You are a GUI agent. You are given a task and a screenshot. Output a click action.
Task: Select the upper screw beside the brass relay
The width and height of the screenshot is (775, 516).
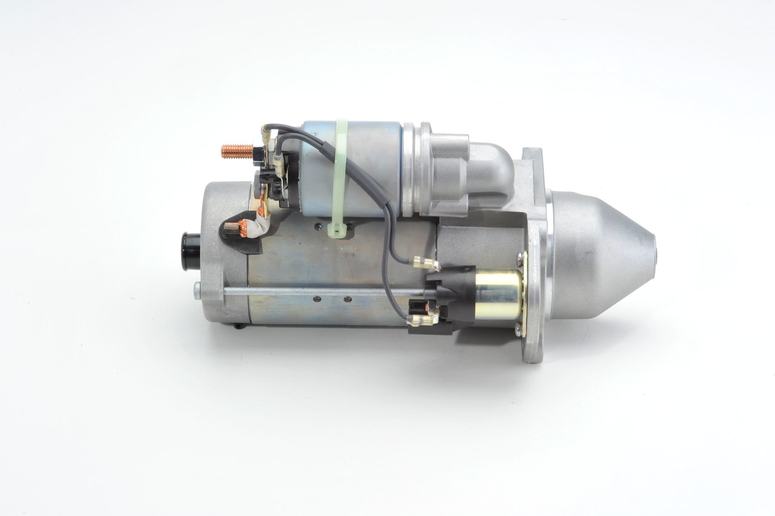520,259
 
